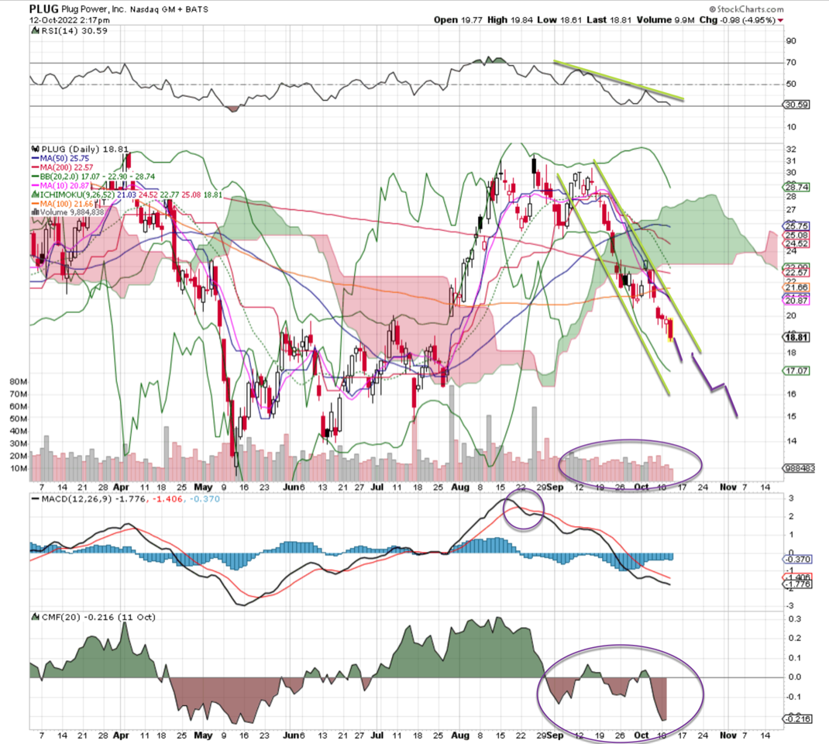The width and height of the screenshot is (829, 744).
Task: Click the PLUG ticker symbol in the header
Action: pyautogui.click(x=44, y=9)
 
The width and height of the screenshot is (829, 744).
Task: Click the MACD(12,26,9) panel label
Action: pyautogui.click(x=70, y=498)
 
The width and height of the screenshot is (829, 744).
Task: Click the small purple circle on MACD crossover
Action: pyautogui.click(x=524, y=511)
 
